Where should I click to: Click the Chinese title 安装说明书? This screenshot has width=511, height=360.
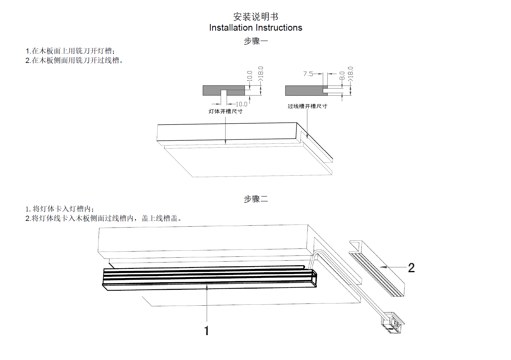[x=255, y=16]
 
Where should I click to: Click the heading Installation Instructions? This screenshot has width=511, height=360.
[x=255, y=28]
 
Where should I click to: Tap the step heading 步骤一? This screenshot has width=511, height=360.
[x=255, y=41]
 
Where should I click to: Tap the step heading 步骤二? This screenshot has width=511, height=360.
[x=255, y=199]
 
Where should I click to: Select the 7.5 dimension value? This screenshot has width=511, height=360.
[x=308, y=74]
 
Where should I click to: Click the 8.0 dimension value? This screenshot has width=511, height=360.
[x=342, y=76]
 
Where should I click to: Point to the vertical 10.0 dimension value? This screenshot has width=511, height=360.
[x=250, y=76]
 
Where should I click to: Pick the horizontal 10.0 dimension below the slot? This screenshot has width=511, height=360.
[x=241, y=104]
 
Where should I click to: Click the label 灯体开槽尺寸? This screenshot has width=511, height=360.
[x=225, y=111]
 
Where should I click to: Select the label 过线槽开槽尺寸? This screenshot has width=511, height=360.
[x=307, y=106]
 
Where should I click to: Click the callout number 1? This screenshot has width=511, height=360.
[x=207, y=331]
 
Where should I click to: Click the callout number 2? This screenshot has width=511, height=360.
[x=411, y=268]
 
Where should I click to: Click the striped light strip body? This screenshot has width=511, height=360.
[x=207, y=277]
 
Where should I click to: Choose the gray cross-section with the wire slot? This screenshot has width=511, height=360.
[x=304, y=90]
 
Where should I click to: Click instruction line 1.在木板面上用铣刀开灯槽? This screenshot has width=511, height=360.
[x=70, y=51]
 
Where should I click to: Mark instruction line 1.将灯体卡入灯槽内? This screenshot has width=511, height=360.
[x=60, y=209]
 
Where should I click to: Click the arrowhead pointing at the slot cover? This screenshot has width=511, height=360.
[x=382, y=267]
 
